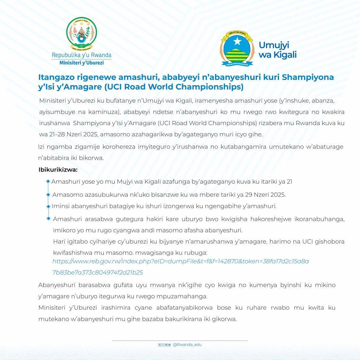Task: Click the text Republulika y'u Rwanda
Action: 82,55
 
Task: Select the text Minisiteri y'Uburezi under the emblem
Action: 82,63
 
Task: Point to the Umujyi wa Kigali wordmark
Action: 277,50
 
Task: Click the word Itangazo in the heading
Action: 54,77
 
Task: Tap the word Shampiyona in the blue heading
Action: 308,77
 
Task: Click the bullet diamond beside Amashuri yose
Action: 48,181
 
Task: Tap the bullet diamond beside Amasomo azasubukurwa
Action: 48,195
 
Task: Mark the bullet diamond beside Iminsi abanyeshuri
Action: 48,206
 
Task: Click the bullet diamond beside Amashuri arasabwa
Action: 48,219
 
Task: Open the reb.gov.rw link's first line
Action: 180,261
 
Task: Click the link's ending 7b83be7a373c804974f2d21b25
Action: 98,273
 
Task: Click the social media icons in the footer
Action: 164,345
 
